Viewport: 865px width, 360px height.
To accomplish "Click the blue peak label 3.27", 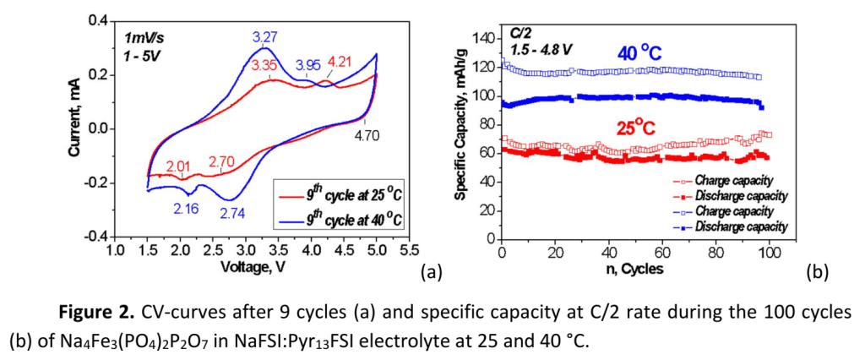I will point(265,37).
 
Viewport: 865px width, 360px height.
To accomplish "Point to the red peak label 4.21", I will point(341,62).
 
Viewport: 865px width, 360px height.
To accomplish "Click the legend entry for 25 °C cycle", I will point(337,195).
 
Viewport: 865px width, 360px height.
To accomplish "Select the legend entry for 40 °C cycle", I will point(337,221).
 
